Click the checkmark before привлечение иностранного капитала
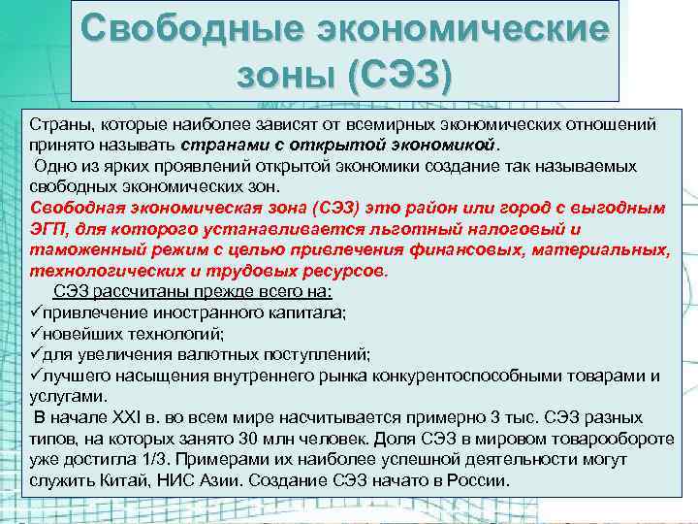pos(38,312)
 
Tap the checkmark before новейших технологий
pos(38,333)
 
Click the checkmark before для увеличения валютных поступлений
pos(38,354)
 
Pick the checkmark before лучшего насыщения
pos(38,375)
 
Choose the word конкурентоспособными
pos(464,375)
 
